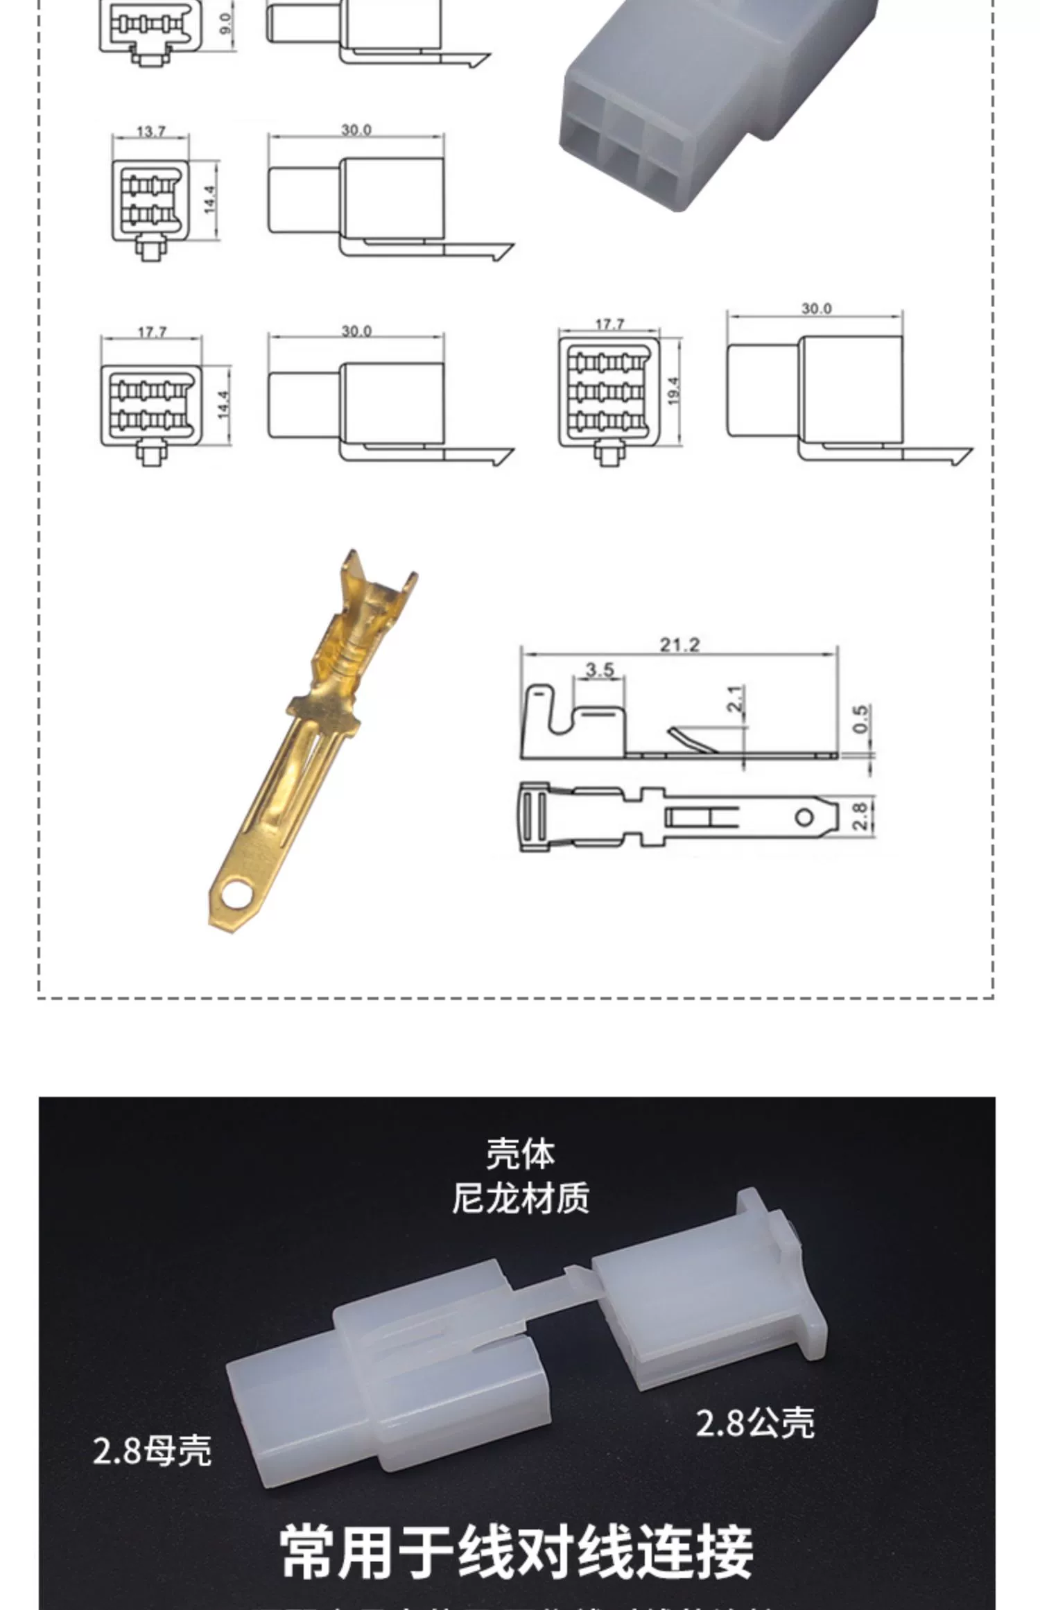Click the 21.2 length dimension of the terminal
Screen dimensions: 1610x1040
click(679, 645)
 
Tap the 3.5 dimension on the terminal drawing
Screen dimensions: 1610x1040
click(599, 670)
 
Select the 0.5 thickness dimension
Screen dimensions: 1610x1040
click(860, 718)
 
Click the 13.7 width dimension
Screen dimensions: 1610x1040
click(151, 130)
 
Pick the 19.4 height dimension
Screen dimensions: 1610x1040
click(673, 390)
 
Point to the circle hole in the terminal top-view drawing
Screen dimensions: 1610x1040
click(804, 817)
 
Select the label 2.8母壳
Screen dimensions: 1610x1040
click(152, 1451)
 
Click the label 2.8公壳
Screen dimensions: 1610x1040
click(754, 1422)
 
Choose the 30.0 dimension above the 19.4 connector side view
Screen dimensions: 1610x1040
click(815, 309)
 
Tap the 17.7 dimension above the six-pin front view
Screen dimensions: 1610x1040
click(152, 332)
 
